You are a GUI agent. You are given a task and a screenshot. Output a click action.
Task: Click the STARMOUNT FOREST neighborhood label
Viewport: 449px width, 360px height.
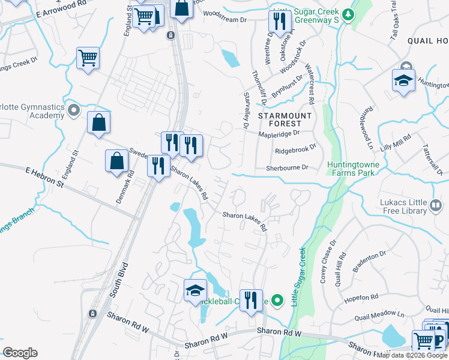coord(285,119)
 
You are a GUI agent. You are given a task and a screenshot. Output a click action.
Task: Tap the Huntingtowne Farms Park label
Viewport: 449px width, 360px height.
coord(351,169)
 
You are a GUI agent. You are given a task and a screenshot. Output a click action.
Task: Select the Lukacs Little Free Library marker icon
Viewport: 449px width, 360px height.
coord(436,207)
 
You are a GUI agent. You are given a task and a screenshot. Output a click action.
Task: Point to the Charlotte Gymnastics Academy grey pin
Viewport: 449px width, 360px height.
coord(74,110)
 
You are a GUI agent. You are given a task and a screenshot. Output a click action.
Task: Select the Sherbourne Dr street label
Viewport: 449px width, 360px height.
coord(287,169)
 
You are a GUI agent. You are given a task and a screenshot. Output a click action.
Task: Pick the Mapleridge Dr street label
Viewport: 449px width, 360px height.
coord(279,134)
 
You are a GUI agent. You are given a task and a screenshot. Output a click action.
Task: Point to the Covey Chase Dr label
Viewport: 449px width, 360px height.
coord(328,262)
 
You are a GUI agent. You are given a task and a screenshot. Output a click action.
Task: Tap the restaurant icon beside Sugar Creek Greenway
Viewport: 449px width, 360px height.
coord(279,22)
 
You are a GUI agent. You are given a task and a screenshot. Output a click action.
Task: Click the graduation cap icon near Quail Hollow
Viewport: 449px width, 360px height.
coord(403,80)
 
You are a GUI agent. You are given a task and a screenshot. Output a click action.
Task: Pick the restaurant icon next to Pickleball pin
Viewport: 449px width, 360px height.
coord(251,299)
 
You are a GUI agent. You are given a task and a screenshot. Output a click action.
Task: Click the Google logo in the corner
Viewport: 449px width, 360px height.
coord(20,353)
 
